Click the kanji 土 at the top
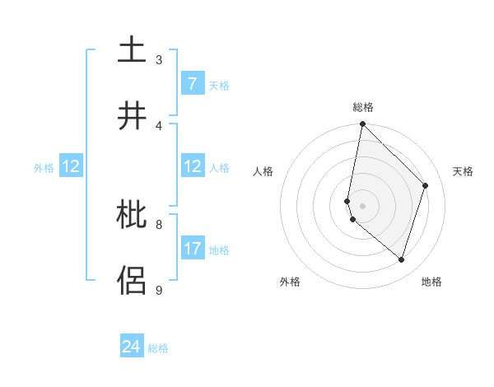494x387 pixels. coord(133,50)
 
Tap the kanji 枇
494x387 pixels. coord(133,216)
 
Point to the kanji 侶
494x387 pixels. coord(133,280)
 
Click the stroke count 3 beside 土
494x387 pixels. coord(159,59)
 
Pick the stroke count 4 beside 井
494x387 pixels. coord(159,125)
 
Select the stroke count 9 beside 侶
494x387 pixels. coord(159,290)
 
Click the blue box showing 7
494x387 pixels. coord(192,84)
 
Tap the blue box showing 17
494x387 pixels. coord(192,249)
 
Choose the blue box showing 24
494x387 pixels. coord(132,347)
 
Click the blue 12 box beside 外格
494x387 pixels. coord(70,166)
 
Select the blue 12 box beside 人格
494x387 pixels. coord(192,166)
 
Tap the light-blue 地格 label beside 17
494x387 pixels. coord(219,249)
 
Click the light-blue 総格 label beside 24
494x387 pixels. coord(158,347)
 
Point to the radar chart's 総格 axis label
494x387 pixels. coord(363,107)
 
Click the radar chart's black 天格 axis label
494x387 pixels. coord(464,171)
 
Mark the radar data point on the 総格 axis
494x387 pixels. coord(362,124)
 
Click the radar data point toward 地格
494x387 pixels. coord(401,260)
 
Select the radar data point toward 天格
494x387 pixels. coord(426,185)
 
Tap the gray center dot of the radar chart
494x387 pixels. coord(362,205)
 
